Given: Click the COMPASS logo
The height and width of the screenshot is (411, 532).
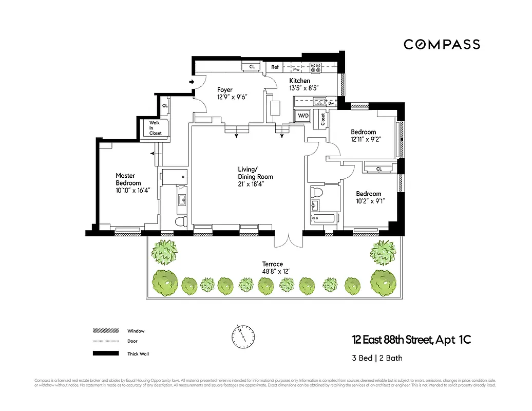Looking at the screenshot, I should coord(442,45).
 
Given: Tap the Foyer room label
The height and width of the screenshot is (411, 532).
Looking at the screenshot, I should coord(225,90).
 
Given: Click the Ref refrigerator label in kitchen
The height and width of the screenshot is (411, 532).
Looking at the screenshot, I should coord(275,67).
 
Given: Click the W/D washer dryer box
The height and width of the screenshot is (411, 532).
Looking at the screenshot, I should coord(303,116).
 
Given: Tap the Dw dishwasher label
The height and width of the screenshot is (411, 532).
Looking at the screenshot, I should coord(331,103).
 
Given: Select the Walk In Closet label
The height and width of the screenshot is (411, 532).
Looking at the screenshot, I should coord(155,128).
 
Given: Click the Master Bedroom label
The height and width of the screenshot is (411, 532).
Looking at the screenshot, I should coord(128,179).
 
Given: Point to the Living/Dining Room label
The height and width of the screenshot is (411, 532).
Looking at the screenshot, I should coord(255,173).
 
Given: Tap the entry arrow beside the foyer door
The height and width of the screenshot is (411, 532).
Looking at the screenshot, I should coord(192,82).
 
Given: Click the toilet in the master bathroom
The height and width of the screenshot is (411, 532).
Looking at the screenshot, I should coord(180,221).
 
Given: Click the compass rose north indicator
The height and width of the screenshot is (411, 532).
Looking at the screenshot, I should coord(242,335).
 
